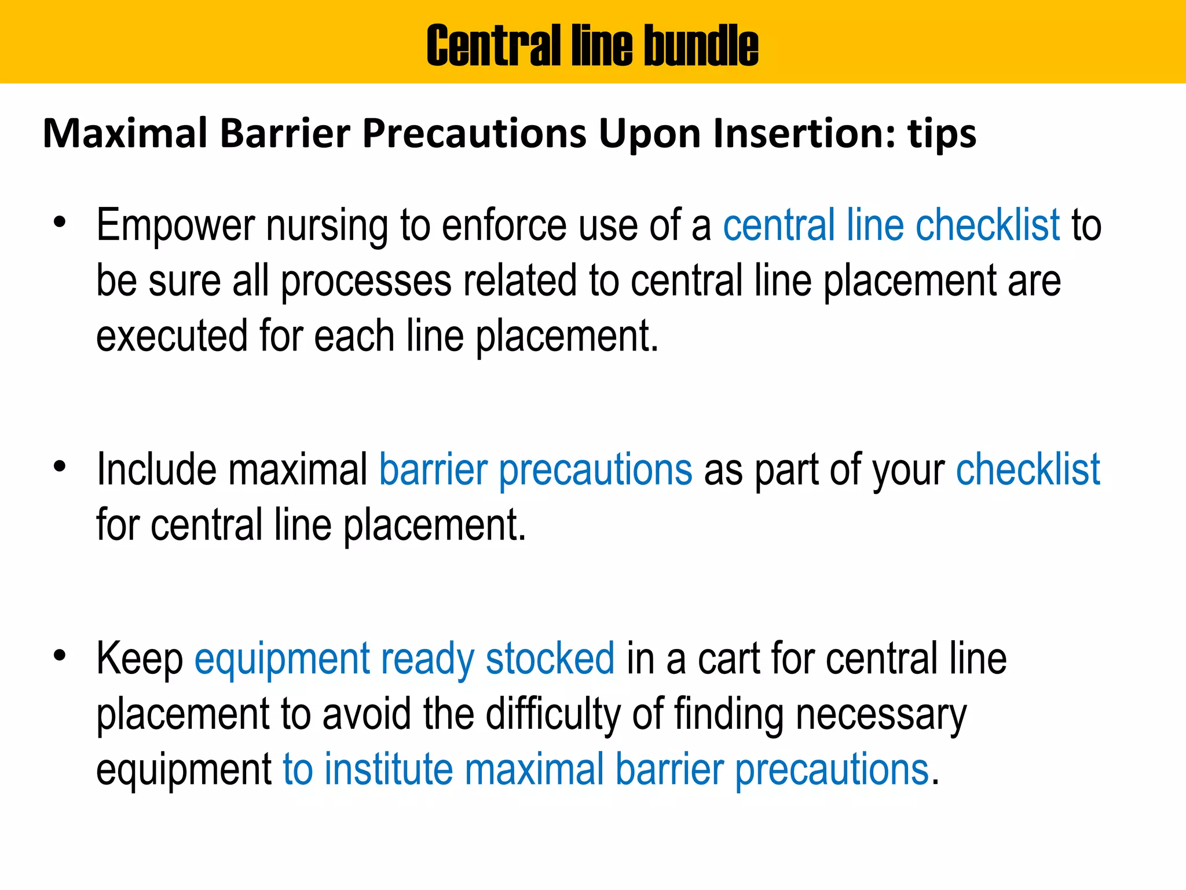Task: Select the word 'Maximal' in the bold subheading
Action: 125,133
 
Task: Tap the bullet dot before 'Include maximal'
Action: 59,466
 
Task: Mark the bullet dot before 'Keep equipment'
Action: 59,655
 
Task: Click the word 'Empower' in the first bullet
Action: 175,226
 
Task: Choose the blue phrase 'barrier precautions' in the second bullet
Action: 536,469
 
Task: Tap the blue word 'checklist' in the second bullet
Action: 1028,469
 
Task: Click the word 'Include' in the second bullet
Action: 156,469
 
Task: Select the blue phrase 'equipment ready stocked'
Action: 404,659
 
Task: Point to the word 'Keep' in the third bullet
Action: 140,659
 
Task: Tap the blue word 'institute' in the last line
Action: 389,769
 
